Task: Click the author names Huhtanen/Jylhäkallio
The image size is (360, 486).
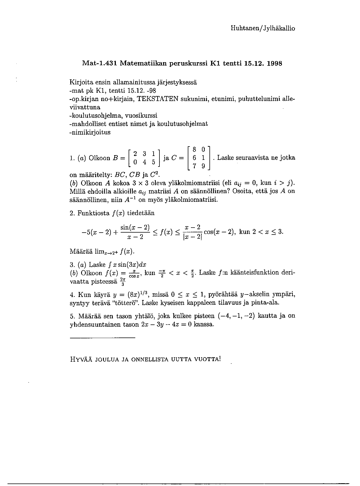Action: click(263, 28)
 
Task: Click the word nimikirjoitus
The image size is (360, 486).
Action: click(90, 132)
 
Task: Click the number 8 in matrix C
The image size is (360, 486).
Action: click(194, 150)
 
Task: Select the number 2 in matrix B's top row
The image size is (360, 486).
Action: click(135, 154)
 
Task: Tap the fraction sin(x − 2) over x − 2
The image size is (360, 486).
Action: click(135, 232)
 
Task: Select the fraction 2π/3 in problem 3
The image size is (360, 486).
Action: click(123, 281)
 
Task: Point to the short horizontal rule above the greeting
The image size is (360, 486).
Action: click(102, 338)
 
